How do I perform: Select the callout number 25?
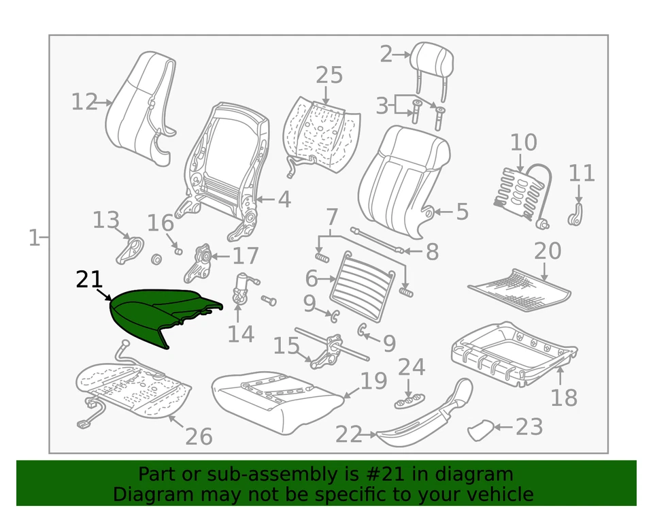[x=329, y=75]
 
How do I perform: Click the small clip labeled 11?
[x=577, y=215]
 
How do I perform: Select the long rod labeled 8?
[x=378, y=241]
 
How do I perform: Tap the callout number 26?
[x=199, y=436]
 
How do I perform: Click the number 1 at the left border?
[x=33, y=238]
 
